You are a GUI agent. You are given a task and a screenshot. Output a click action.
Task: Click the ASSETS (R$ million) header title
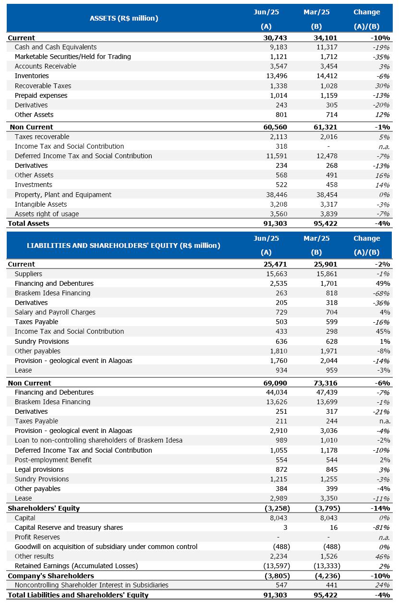point(124,19)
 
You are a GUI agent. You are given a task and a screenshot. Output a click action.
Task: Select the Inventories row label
point(32,76)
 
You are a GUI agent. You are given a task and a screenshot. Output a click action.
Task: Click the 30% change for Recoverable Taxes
point(382,86)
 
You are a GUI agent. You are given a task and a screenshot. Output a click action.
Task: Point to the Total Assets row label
point(28,223)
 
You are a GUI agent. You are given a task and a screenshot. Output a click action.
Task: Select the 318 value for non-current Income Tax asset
point(281,146)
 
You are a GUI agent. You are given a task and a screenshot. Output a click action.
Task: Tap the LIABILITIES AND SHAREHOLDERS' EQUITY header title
point(123,246)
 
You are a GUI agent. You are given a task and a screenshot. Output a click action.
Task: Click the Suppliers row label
point(28,274)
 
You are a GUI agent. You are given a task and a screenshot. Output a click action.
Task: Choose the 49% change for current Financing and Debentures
point(383,283)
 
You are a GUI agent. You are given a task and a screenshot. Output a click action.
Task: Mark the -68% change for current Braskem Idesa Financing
point(381,293)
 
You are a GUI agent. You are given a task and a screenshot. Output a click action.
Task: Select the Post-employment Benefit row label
point(53,460)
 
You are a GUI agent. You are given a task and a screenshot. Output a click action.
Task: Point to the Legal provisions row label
point(39,469)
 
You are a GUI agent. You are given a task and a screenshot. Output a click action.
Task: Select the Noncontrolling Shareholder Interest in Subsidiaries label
point(92,585)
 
